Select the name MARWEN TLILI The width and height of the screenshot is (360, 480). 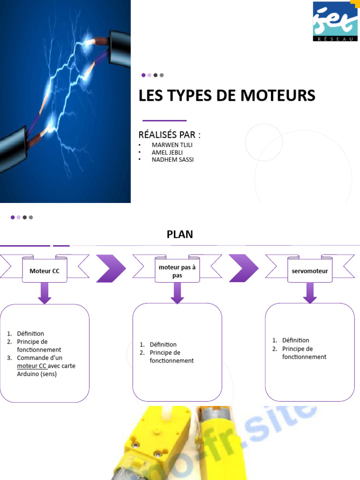[x=172, y=145]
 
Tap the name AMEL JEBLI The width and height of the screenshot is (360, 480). [x=167, y=152]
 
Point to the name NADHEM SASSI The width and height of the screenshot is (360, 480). [x=172, y=160]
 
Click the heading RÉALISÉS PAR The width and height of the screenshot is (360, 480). [x=169, y=135]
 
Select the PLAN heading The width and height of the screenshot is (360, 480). [x=180, y=234]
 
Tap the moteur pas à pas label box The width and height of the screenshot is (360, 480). [x=177, y=271]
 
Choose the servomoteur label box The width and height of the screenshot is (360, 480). [x=310, y=271]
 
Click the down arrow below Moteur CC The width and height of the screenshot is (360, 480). [x=45, y=293]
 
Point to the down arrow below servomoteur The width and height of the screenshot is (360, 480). [x=310, y=293]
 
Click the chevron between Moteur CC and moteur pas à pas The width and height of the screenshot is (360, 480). [x=111, y=268]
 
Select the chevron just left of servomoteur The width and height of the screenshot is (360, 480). [x=244, y=268]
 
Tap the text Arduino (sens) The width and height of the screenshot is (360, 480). [x=37, y=374]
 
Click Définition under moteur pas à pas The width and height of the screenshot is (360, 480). [x=163, y=345]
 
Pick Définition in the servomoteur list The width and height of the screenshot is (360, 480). [x=296, y=340]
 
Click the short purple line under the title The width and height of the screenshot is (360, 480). [x=164, y=120]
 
